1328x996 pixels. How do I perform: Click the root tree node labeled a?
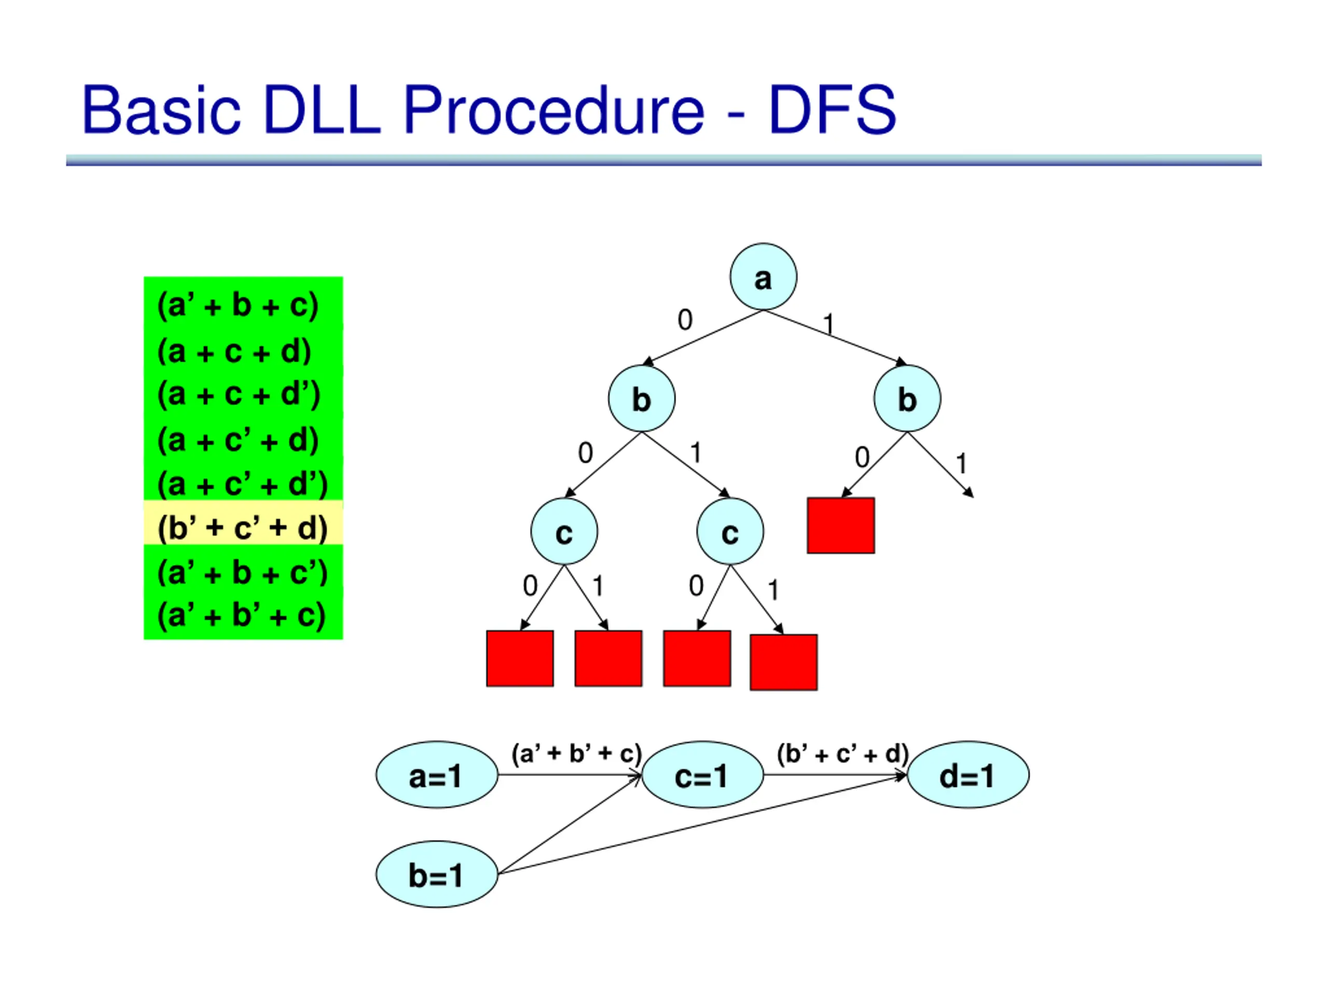(x=763, y=277)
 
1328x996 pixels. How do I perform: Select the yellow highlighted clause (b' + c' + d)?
(x=243, y=528)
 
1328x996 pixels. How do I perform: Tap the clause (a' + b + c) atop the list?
(x=238, y=306)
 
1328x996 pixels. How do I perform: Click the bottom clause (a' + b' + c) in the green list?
(x=241, y=615)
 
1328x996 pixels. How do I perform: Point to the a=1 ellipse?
(x=437, y=774)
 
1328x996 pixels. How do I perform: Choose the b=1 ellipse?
(x=437, y=874)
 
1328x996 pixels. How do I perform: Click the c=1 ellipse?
(x=702, y=774)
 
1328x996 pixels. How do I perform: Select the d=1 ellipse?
(x=968, y=774)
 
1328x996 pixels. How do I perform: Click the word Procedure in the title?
(x=554, y=109)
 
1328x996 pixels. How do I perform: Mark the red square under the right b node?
(x=840, y=525)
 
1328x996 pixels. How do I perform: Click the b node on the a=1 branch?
(x=907, y=398)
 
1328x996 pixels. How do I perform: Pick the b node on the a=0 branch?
(x=642, y=398)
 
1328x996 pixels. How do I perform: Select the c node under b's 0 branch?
(x=564, y=531)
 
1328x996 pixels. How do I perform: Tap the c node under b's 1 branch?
(x=730, y=531)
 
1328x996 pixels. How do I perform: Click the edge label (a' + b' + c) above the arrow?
(x=576, y=753)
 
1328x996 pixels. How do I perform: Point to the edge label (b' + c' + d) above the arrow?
(x=843, y=753)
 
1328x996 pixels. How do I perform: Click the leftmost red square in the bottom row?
(x=520, y=658)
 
